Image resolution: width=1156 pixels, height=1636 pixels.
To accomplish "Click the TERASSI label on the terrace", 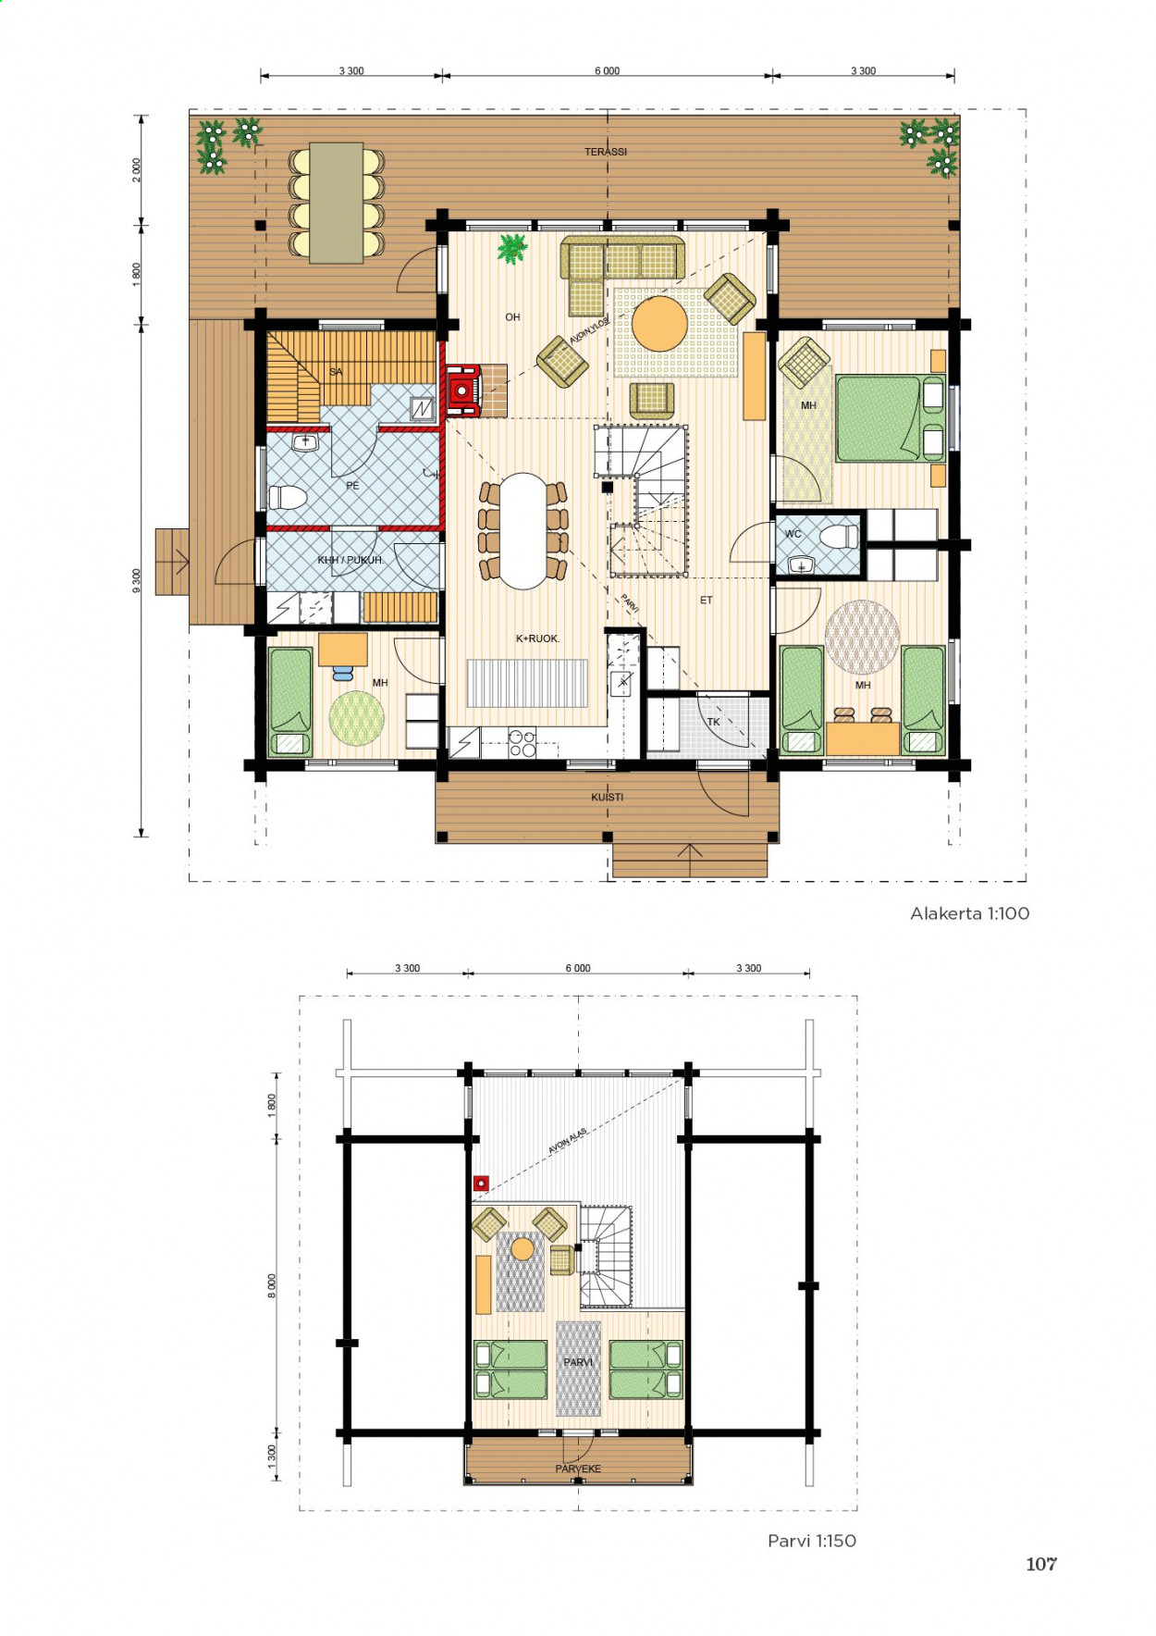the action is pos(606,152).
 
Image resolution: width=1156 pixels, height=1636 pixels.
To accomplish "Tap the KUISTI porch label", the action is pos(608,797).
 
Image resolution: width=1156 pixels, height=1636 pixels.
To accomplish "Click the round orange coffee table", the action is pos(659,323).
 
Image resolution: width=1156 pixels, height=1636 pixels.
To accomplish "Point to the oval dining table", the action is pos(523,531).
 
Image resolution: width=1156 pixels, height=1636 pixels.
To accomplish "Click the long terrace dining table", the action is pos(336,203).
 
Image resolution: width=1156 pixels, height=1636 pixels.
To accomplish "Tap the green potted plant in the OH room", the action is pos(511,249).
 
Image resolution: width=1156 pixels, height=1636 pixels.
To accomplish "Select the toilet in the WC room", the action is pos(840,536).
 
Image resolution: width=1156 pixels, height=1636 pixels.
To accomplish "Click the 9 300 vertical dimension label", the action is pos(137,580).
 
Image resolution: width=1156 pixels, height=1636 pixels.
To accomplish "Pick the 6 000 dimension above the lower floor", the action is pos(607,71).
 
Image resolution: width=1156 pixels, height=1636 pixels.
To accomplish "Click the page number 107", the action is pos(1041,1564).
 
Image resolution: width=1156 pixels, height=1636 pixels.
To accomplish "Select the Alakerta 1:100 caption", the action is pos(969,913).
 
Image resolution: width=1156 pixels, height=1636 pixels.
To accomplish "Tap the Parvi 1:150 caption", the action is pos(812,1541).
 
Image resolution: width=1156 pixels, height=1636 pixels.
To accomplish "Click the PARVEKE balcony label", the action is pos(578,1469).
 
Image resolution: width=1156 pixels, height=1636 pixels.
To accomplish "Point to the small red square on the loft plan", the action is pos(481,1183).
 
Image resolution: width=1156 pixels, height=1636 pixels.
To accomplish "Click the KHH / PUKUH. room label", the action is pos(350,560).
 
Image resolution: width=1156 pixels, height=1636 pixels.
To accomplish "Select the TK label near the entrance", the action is pos(713,722).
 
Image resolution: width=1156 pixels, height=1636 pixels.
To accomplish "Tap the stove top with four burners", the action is pos(523,744).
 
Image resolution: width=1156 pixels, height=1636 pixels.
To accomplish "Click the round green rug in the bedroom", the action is pos(357,719).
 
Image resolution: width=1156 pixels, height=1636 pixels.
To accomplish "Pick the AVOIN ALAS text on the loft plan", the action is pos(567,1141).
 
